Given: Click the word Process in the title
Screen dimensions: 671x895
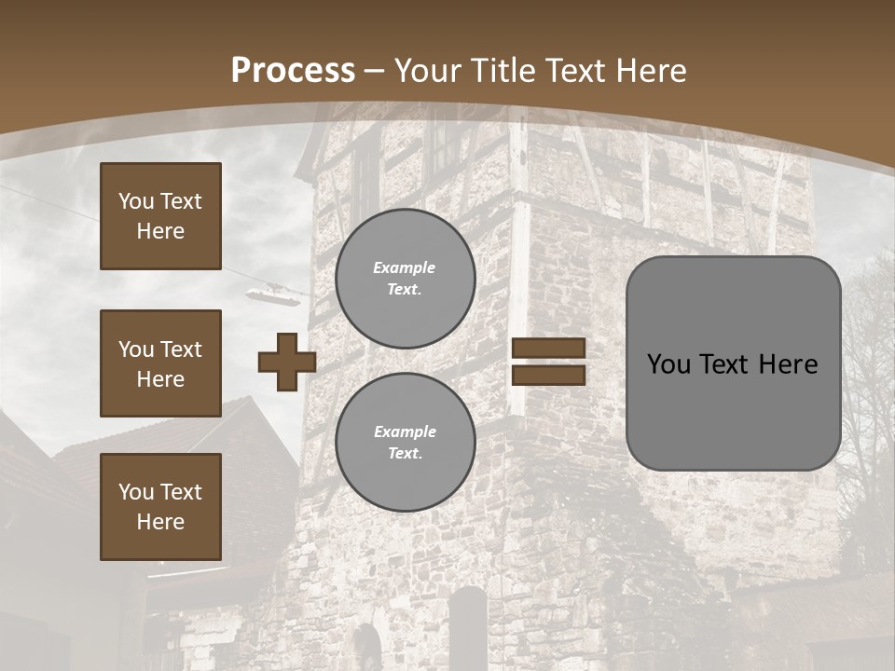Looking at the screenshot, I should (x=293, y=71).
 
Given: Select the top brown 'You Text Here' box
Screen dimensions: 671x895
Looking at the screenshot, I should (x=160, y=216).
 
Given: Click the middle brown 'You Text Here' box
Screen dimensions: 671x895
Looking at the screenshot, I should (x=160, y=363).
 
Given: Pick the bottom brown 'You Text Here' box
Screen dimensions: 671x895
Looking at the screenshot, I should (x=160, y=506).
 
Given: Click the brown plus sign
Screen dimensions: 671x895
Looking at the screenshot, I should (x=287, y=362).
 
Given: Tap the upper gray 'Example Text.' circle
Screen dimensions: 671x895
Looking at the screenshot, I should (x=405, y=279).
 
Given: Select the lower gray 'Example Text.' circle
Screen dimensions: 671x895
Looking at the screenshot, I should (x=405, y=443).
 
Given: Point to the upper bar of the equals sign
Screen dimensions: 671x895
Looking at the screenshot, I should (x=548, y=349).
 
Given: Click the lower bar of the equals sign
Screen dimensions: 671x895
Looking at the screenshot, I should (x=548, y=375).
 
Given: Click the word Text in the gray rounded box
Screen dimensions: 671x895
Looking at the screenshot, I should (x=730, y=364).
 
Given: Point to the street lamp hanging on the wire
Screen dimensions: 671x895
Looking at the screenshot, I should (x=274, y=294).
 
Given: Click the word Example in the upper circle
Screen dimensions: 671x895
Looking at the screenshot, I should (x=405, y=267).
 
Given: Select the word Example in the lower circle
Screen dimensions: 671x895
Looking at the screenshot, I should (x=405, y=431).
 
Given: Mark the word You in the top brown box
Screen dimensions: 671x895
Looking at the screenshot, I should (x=135, y=201).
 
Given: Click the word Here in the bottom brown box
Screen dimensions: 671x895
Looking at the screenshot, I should (x=160, y=522).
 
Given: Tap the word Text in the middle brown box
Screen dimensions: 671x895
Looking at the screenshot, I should (x=180, y=349).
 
